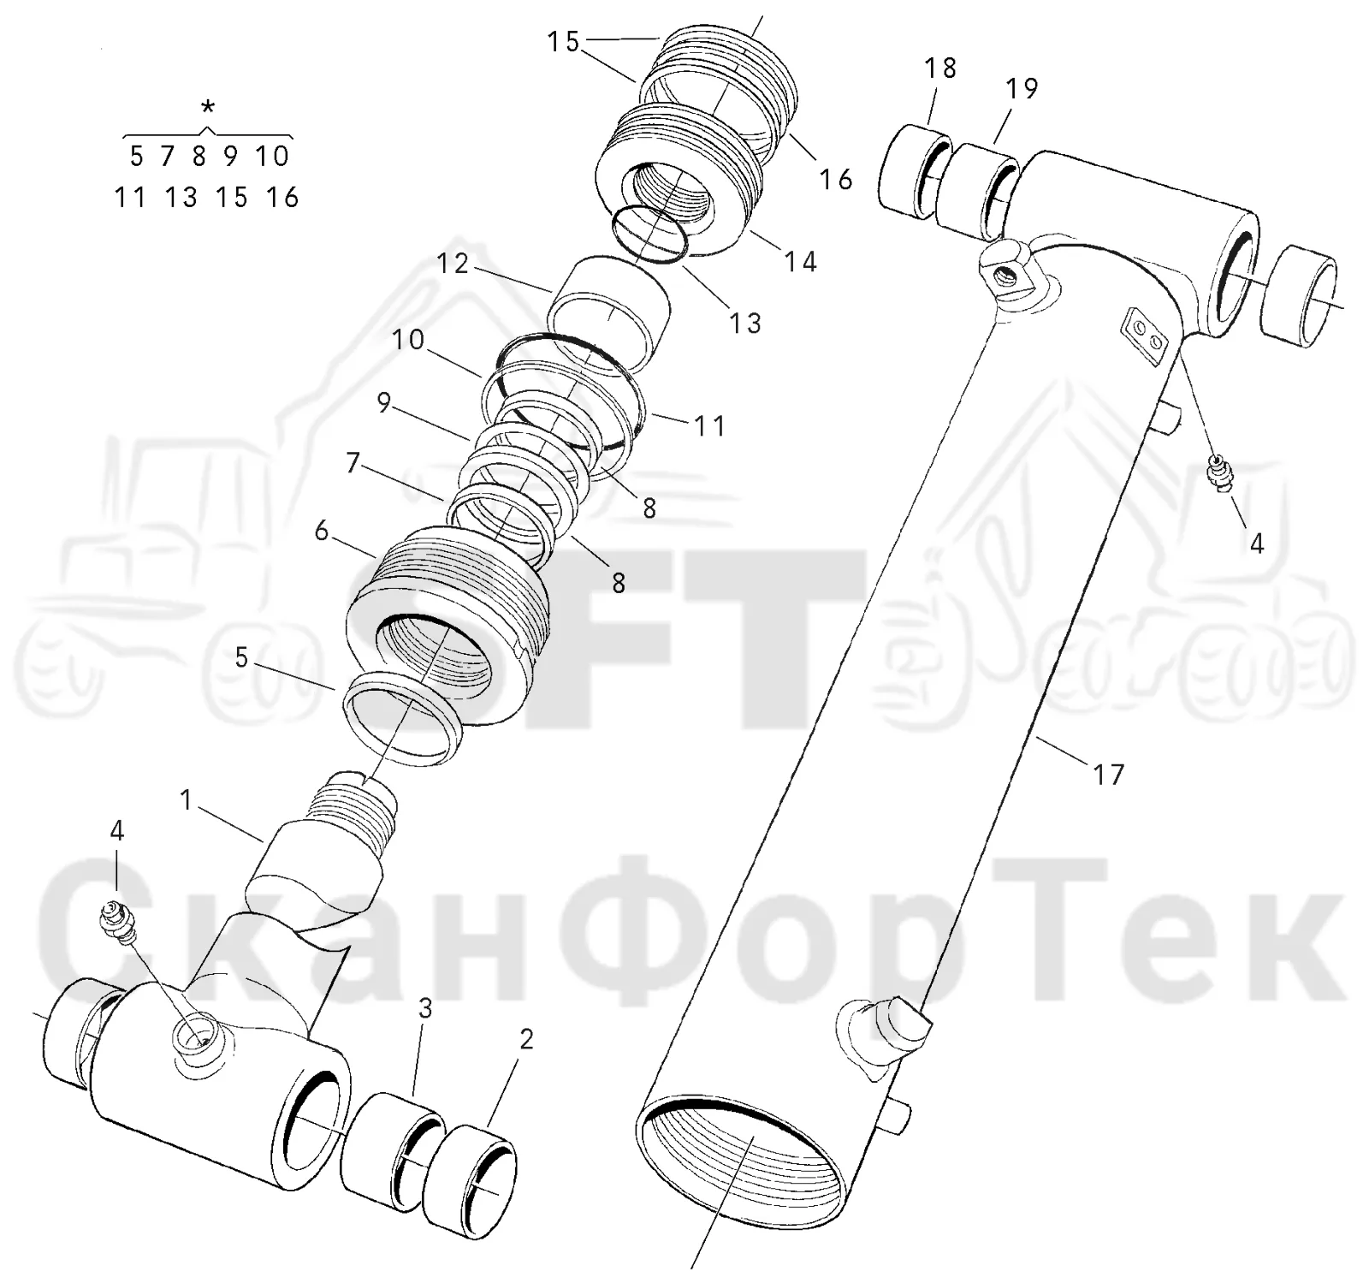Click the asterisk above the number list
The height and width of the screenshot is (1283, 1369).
(208, 108)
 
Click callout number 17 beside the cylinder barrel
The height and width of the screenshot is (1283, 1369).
(1108, 775)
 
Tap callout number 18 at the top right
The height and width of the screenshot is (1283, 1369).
(940, 68)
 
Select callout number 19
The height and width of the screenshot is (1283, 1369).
(1021, 88)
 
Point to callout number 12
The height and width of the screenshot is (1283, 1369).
(453, 264)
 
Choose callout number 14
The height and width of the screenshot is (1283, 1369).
(801, 261)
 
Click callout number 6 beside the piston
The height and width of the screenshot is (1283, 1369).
(322, 531)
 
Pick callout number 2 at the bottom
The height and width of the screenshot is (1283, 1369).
(526, 1039)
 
